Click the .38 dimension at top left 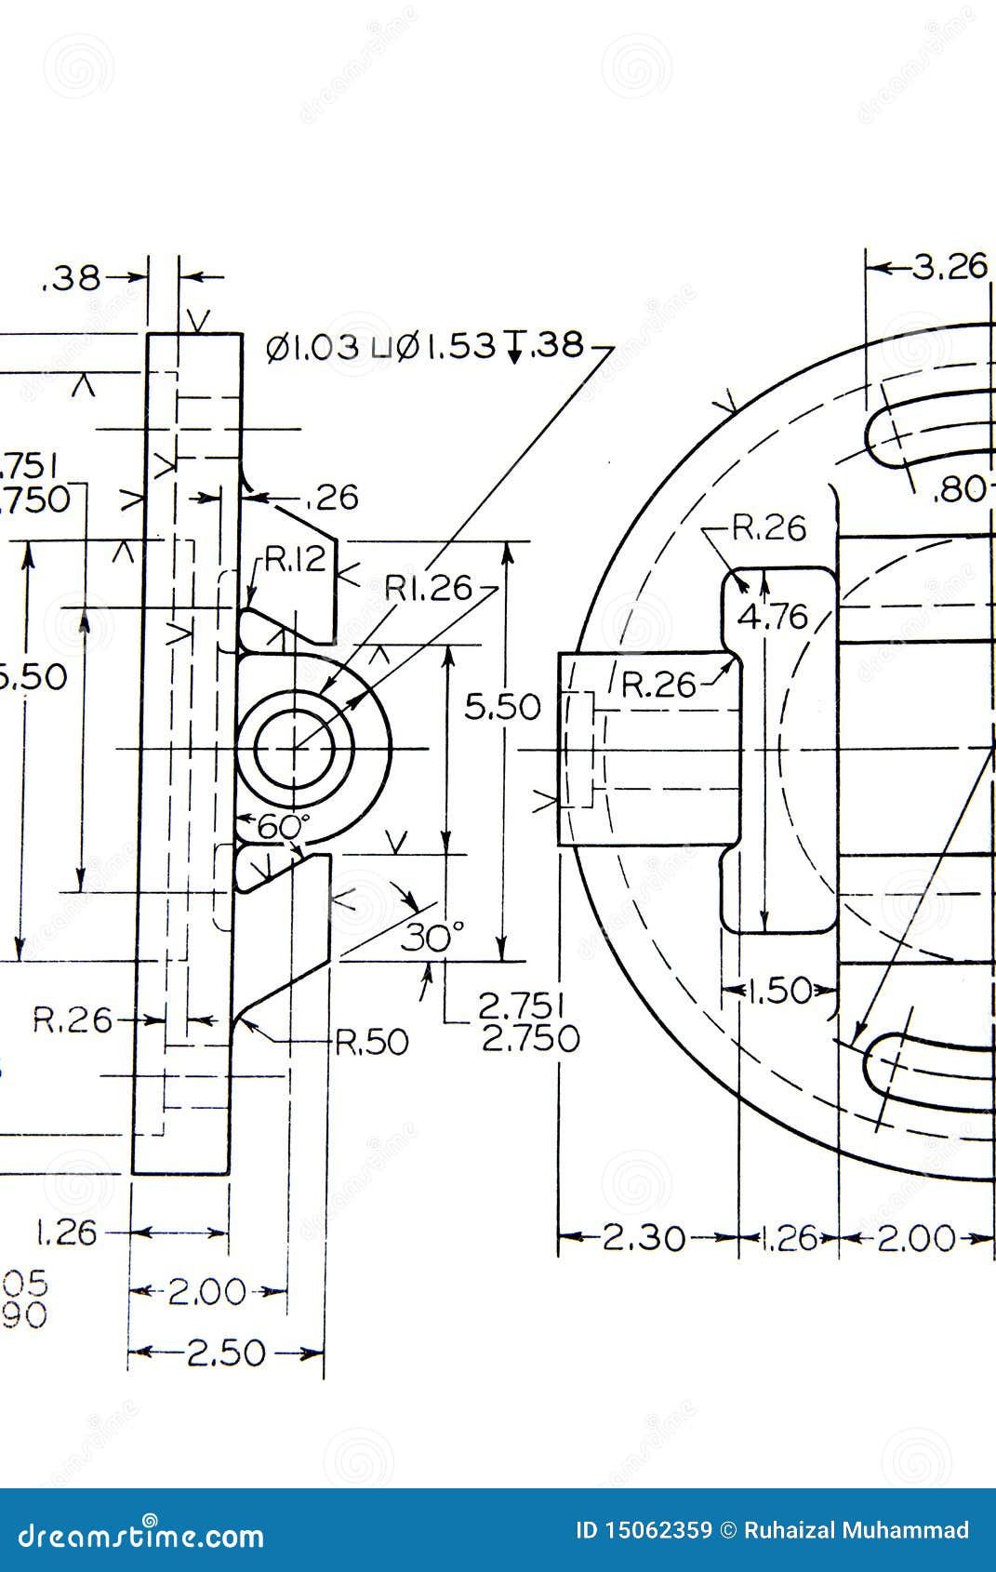pos(72,278)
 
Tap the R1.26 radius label pos(429,588)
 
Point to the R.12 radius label pos(295,559)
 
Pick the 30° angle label pos(432,938)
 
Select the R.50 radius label pos(371,1043)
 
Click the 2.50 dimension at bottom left pos(226,1353)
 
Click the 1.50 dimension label pos(779,991)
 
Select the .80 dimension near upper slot pos(959,489)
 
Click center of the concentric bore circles pos(296,749)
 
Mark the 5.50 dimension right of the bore pos(502,707)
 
